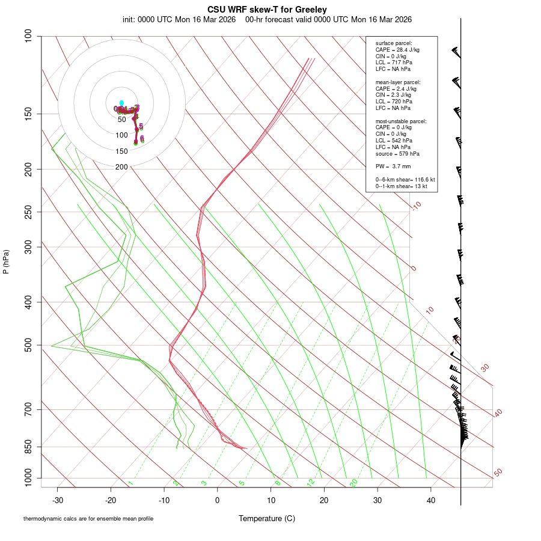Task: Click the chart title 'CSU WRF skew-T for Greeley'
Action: click(267, 10)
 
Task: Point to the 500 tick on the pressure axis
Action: click(28, 345)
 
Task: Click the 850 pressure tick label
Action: click(28, 447)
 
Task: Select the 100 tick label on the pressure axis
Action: click(28, 36)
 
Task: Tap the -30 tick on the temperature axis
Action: click(58, 500)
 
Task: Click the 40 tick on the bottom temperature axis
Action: click(430, 500)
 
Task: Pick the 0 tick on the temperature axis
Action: click(218, 500)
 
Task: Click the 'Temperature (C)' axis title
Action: click(267, 518)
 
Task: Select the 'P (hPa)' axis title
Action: click(7, 262)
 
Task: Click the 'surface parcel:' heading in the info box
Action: click(394, 43)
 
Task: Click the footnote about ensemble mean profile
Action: click(88, 518)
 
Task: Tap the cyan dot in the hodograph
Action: click(121, 103)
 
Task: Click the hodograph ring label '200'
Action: click(121, 167)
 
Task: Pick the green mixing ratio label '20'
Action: click(353, 483)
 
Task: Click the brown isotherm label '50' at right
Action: click(498, 473)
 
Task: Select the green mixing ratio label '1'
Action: click(130, 483)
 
